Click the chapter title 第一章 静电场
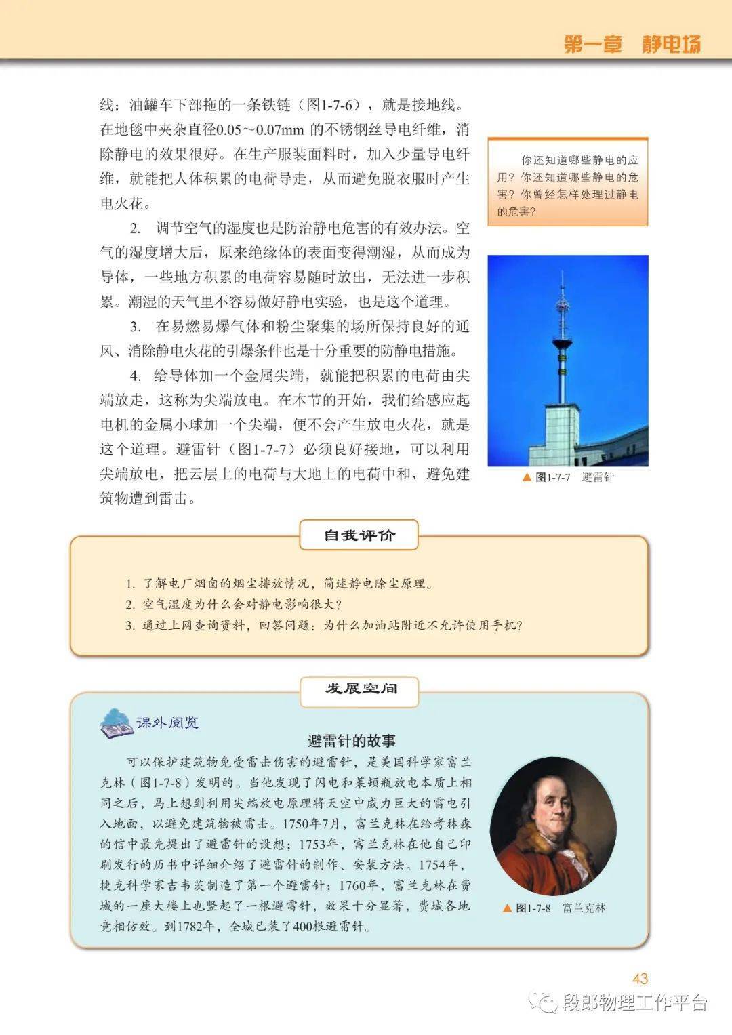coord(632,44)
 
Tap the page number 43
coord(640,978)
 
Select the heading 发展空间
coord(360,689)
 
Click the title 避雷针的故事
coord(351,740)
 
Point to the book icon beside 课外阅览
coord(117,723)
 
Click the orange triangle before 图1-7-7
coord(527,477)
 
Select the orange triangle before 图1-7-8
coord(507,908)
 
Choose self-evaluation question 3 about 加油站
coord(325,625)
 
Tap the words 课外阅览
coord(167,723)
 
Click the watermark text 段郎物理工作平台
coord(634,1003)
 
